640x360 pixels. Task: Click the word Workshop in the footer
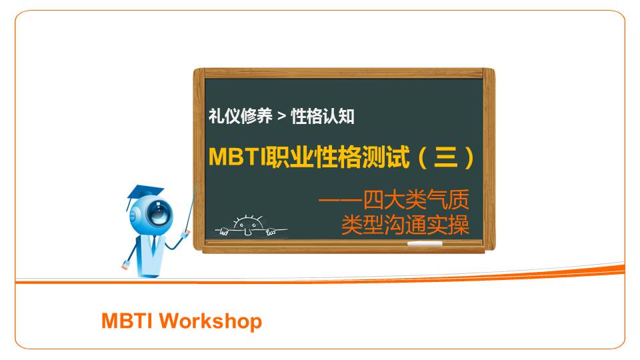click(x=211, y=321)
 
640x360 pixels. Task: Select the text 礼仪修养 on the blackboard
click(x=241, y=116)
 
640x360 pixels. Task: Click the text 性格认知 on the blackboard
click(x=323, y=116)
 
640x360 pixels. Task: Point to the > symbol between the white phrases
click(x=281, y=117)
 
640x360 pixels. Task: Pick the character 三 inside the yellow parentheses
click(x=446, y=157)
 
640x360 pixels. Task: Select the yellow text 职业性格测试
click(x=337, y=157)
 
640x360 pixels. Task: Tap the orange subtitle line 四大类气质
click(x=416, y=199)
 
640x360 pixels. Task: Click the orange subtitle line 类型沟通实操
click(x=405, y=225)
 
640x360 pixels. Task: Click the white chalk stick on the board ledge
click(x=425, y=244)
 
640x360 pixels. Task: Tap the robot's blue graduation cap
click(x=144, y=194)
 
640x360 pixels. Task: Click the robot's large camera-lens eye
click(x=159, y=212)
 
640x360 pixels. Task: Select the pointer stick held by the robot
click(x=191, y=209)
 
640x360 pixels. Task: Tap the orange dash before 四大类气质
click(x=341, y=200)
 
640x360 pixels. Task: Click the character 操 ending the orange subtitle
click(x=459, y=225)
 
